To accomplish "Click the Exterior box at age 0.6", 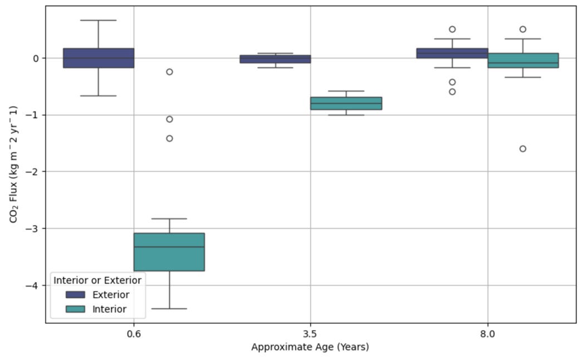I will pyautogui.click(x=98, y=58).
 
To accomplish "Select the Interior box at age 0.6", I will pyautogui.click(x=169, y=252).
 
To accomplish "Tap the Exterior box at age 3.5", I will pyautogui.click(x=275, y=59).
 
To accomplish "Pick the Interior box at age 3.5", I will pyautogui.click(x=346, y=103).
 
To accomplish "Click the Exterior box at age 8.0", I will pyautogui.click(x=452, y=53).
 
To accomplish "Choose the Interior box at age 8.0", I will pyautogui.click(x=523, y=60).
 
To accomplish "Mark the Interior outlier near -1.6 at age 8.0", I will pyautogui.click(x=523, y=149).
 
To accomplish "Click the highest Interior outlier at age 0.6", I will pyautogui.click(x=169, y=72).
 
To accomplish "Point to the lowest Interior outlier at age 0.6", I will pyautogui.click(x=169, y=138).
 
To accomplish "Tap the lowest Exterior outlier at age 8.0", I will pyautogui.click(x=452, y=91).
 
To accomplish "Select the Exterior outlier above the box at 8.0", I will pyautogui.click(x=452, y=29).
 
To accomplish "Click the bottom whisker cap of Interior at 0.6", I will pyautogui.click(x=169, y=308).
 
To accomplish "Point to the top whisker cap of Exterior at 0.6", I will pyautogui.click(x=98, y=20).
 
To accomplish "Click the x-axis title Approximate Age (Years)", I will pyautogui.click(x=310, y=347).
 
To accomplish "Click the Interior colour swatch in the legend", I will pyautogui.click(x=75, y=309).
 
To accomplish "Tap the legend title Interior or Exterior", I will pyautogui.click(x=97, y=280).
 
